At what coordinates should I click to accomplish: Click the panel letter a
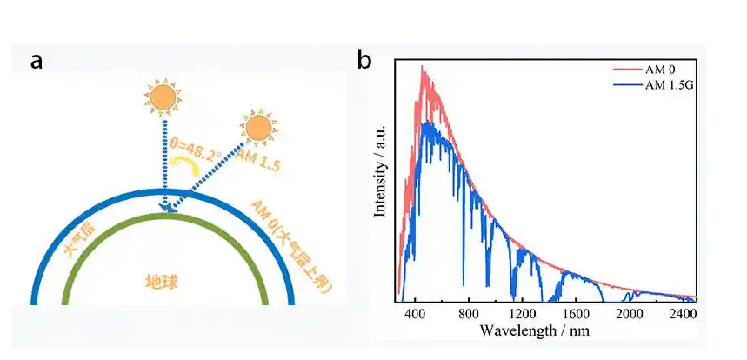pyautogui.click(x=36, y=62)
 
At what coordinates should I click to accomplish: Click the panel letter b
pyautogui.click(x=365, y=62)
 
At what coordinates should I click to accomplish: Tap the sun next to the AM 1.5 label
pyautogui.click(x=259, y=129)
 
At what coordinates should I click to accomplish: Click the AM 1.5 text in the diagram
pyautogui.click(x=257, y=159)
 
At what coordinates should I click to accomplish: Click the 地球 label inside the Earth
pyautogui.click(x=163, y=282)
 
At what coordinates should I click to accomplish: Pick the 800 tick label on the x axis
pyautogui.click(x=469, y=314)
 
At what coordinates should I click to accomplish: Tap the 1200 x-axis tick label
pyautogui.click(x=523, y=314)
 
